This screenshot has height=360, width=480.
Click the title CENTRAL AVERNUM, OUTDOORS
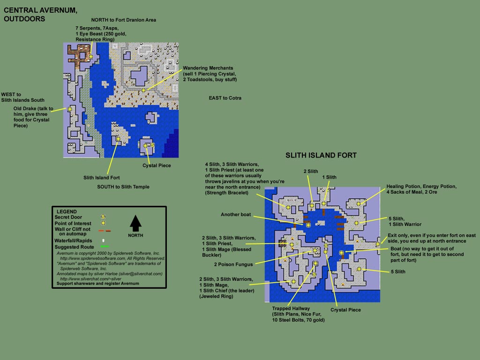point(40,15)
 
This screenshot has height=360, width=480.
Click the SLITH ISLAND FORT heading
point(321,155)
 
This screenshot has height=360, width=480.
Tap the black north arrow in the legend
point(135,223)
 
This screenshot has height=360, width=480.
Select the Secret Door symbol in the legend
point(103,217)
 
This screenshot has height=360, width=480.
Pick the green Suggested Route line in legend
point(105,247)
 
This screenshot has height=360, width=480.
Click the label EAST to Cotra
point(225,98)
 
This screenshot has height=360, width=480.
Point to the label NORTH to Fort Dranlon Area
point(124,20)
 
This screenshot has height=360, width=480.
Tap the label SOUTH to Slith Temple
point(123,187)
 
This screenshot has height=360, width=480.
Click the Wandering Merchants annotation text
point(210,74)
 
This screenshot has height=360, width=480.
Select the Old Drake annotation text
point(33,117)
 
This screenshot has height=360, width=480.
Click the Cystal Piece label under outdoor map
point(157,165)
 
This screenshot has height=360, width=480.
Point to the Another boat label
point(236,215)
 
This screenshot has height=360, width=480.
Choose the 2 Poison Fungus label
point(233,264)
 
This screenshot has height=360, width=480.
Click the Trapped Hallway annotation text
point(299,314)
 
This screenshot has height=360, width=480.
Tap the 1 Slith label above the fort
point(329,177)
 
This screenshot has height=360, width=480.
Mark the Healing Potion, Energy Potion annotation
point(421,189)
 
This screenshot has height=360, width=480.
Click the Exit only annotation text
point(432,238)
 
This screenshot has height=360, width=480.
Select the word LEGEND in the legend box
point(67,211)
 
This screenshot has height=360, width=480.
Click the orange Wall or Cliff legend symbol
point(105,231)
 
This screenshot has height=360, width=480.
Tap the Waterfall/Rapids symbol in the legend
point(104,240)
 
